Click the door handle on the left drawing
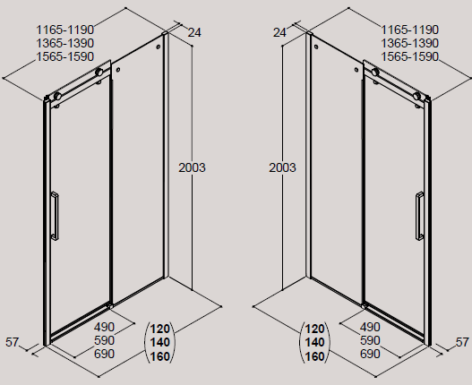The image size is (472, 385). click(x=55, y=216)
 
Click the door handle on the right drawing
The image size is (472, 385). click(x=420, y=216)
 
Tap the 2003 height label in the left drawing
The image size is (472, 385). click(x=192, y=167)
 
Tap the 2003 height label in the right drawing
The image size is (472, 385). click(x=282, y=167)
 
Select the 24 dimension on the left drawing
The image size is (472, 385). click(x=194, y=32)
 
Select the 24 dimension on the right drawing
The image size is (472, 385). click(x=279, y=32)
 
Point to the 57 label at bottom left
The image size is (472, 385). click(x=12, y=342)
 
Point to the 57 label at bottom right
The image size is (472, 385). click(x=462, y=342)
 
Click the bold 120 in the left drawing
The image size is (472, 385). click(x=159, y=329)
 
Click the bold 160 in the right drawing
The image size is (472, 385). click(x=315, y=356)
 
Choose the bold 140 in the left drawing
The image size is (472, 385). click(x=159, y=343)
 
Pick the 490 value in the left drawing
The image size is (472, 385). click(x=105, y=327)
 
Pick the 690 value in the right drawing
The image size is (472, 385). click(x=370, y=354)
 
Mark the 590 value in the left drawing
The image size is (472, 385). click(x=105, y=340)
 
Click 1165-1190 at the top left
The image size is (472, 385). click(x=65, y=30)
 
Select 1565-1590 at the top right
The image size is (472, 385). click(x=410, y=56)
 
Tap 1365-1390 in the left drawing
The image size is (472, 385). click(x=65, y=43)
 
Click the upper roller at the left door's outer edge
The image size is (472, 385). click(x=57, y=97)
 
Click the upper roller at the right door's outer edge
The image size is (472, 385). click(x=416, y=96)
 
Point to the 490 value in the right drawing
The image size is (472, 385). click(x=370, y=327)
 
